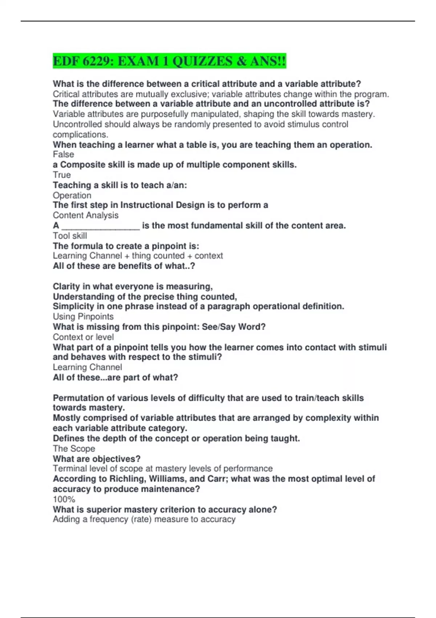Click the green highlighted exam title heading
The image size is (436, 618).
point(169,61)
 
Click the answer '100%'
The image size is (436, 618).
point(64,499)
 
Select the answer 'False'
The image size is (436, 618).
point(63,154)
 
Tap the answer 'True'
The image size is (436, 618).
point(62,175)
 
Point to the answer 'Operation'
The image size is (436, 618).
point(72,195)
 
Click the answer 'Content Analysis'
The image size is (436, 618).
point(86,215)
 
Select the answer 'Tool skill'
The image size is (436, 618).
point(70,236)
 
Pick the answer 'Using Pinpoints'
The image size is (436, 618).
point(83,317)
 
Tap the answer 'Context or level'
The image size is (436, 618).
point(83,337)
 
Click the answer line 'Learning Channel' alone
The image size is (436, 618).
point(87,367)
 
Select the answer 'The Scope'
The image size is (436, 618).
point(74,449)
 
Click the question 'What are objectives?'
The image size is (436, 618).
point(97,459)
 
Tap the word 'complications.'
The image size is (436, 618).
point(80,135)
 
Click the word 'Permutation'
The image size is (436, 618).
point(76,398)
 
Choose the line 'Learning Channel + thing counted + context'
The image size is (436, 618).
point(138,256)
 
